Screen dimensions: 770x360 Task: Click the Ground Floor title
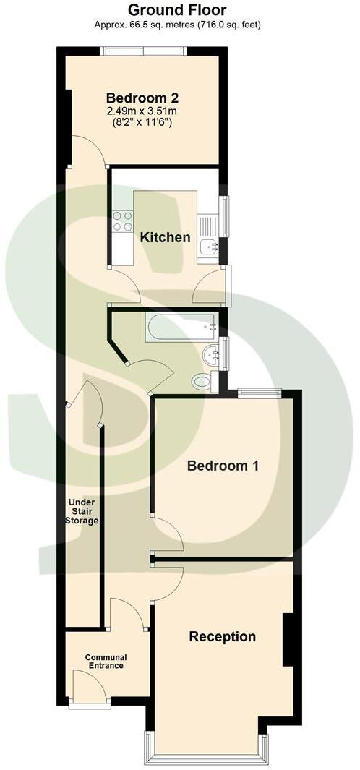177,10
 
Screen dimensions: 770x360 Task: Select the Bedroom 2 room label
142,98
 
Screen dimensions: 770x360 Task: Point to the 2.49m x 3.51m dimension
142,111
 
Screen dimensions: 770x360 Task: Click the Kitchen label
165,237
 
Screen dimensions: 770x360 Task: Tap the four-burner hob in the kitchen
122,221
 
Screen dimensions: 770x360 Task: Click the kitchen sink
210,245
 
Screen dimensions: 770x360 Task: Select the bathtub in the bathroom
181,328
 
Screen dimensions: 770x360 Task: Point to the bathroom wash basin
210,354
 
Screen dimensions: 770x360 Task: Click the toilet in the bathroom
202,380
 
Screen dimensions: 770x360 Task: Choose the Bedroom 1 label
223,466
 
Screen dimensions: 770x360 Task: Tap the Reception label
222,637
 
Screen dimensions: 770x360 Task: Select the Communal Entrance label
105,661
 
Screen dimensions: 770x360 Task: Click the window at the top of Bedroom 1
260,393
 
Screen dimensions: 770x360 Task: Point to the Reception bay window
205,756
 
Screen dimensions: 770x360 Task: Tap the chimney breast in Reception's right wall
287,639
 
